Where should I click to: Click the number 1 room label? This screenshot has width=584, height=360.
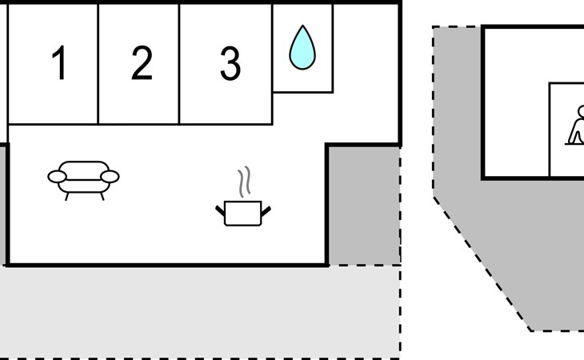(x=59, y=62)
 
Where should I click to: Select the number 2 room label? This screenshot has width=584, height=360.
(x=142, y=62)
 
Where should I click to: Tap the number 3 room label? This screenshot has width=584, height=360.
(x=230, y=63)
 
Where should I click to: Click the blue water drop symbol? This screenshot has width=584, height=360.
(x=302, y=47)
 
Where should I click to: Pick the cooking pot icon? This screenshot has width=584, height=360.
(x=243, y=213)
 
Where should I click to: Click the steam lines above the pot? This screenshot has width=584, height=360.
(x=244, y=182)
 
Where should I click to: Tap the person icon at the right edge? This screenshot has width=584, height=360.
(x=575, y=125)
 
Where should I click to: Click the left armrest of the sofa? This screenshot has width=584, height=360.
(x=58, y=177)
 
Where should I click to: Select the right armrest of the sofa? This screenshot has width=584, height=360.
(x=110, y=177)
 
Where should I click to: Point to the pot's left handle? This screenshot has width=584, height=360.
(x=220, y=210)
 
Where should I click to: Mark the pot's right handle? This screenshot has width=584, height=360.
(x=266, y=211)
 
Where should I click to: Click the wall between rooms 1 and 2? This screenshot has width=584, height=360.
(x=98, y=64)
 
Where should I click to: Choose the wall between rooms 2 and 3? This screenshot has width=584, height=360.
(x=179, y=64)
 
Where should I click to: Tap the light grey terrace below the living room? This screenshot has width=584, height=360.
(x=200, y=312)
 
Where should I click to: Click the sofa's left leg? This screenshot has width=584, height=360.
(x=67, y=197)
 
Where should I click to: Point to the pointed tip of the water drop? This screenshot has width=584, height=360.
(x=303, y=26)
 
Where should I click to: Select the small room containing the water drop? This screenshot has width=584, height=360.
(x=302, y=48)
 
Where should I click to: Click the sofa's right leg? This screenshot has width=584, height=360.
(x=102, y=196)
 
